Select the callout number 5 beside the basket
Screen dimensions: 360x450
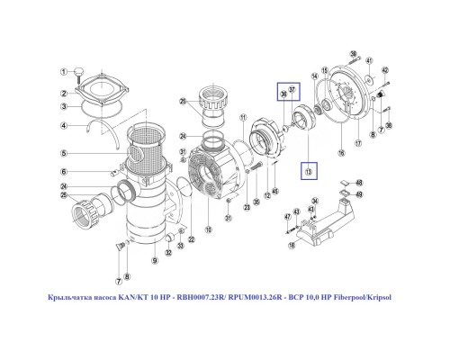point(65,153)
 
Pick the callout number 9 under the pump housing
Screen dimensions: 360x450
point(154,260)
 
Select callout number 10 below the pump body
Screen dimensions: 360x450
point(209,230)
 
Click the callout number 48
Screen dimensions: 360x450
point(358,183)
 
